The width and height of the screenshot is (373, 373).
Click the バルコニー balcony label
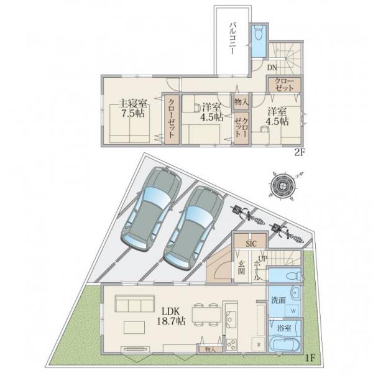coord(233,39)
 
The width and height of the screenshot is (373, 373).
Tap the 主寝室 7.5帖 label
coord(133,109)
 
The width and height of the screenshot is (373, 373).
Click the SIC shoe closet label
coord(251,244)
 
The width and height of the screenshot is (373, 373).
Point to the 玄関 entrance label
coord(241,267)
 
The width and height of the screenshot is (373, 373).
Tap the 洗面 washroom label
coord(279,300)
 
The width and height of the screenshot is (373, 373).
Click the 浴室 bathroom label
coord(284,328)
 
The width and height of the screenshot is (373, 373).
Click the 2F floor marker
coord(300,152)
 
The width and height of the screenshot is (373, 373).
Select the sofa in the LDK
coord(135,303)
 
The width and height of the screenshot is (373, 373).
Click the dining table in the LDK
coord(206,315)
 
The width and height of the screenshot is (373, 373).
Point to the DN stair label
coord(272,68)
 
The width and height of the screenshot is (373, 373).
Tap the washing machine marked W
coord(293,311)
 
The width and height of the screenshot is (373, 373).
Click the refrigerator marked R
coord(259,344)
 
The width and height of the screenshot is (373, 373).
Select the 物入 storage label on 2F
coord(241,103)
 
